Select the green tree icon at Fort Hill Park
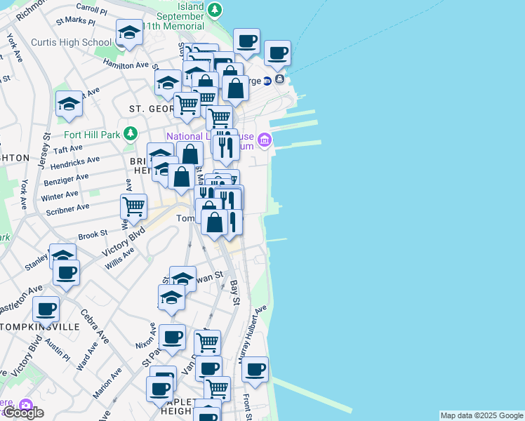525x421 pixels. [x=130, y=133]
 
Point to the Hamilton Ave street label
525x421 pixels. [x=126, y=65]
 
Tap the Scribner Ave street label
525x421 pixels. [x=67, y=209]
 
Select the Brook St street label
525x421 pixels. [x=93, y=235]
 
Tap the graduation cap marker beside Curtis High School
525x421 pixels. [x=130, y=32]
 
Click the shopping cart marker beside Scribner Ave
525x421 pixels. [x=133, y=206]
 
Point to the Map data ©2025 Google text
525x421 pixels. [x=481, y=415]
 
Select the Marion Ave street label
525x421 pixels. [x=102, y=390]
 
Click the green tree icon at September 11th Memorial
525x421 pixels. [x=215, y=11]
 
